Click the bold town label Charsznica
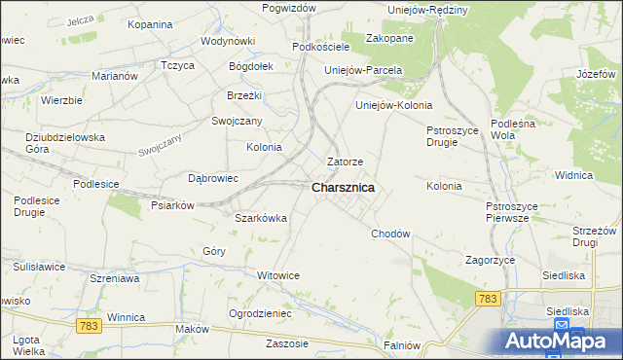[343, 188]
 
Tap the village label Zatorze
[346, 162]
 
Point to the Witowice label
[277, 275]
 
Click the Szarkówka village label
[261, 218]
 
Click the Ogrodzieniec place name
[259, 313]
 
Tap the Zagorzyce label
[490, 261]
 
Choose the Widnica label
[573, 175]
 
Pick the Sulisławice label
[39, 266]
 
